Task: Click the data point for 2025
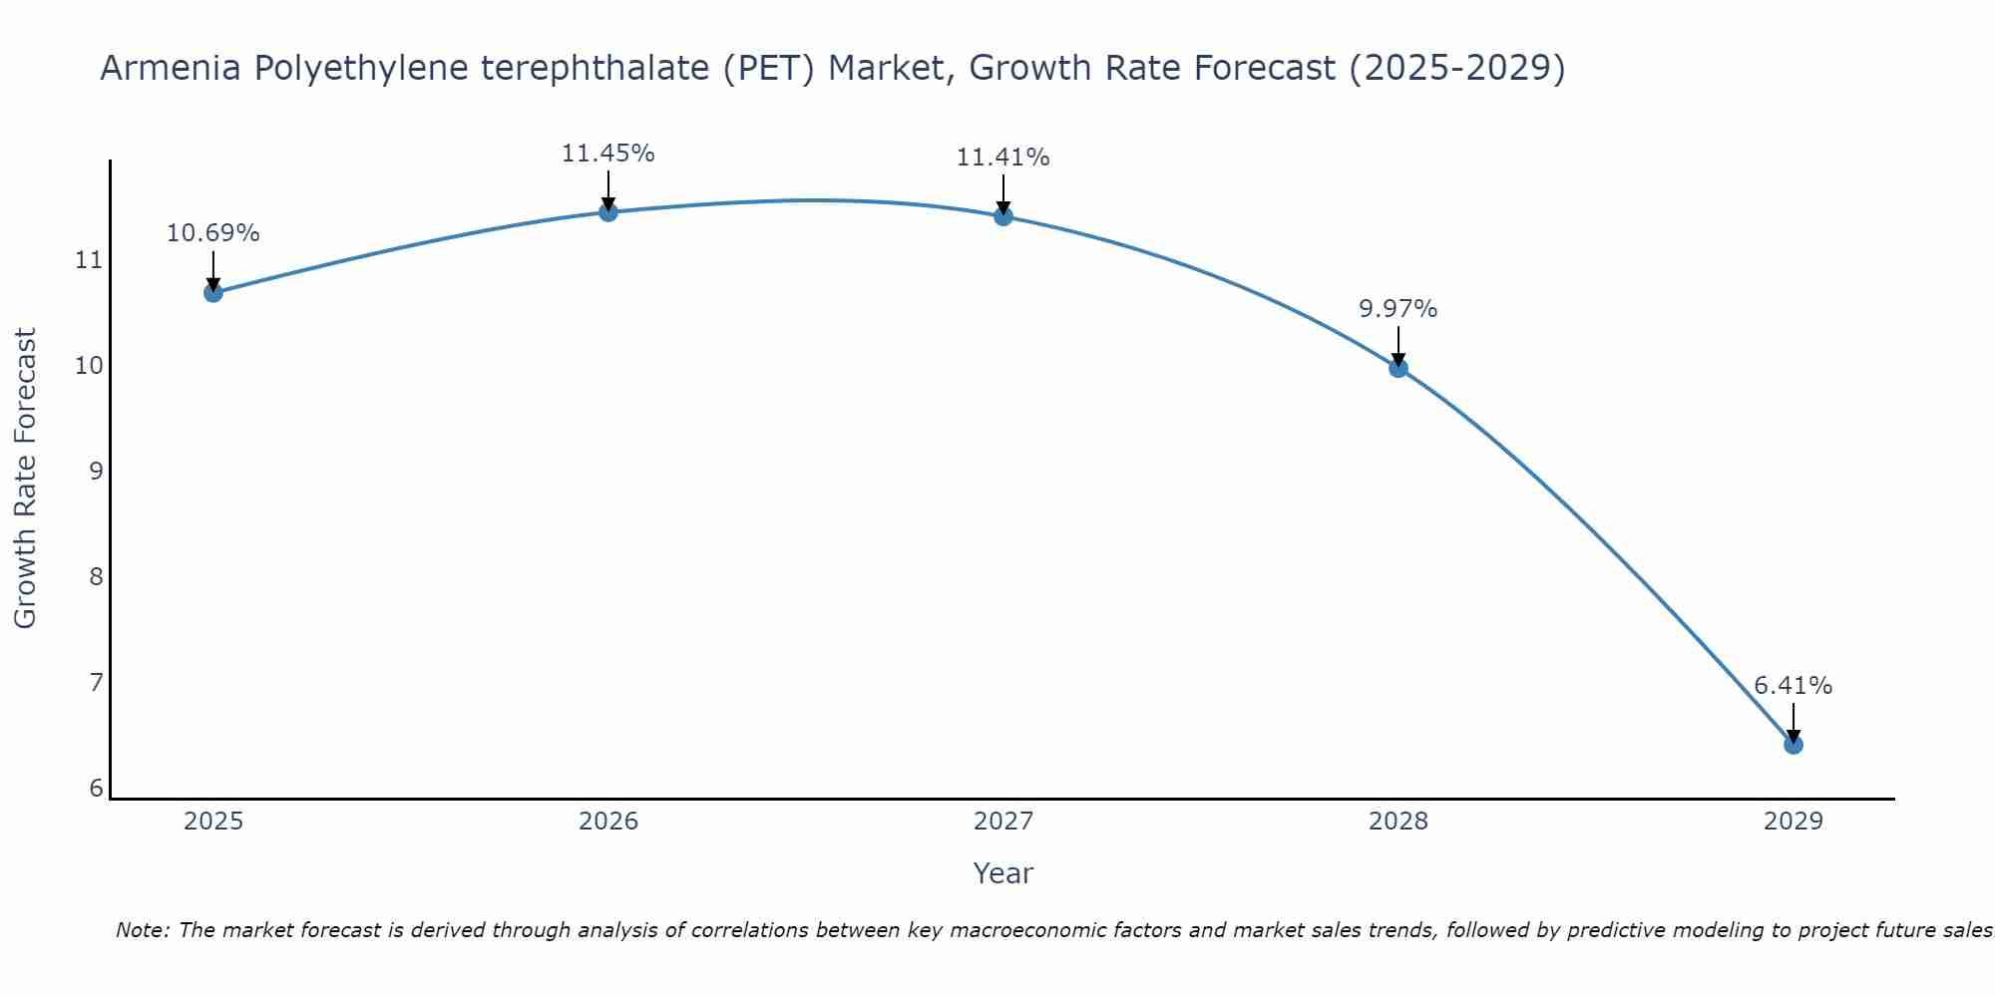(x=212, y=292)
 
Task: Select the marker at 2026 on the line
(x=607, y=211)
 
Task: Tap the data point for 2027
(x=1002, y=216)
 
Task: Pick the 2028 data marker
(x=1397, y=368)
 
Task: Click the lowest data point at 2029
(x=1793, y=745)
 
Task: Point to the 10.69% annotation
(x=212, y=233)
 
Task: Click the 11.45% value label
(x=607, y=154)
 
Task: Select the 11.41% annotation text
(x=1002, y=158)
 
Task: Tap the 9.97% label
(x=1397, y=309)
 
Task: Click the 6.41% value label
(x=1793, y=686)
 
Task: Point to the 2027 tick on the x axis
(x=1002, y=822)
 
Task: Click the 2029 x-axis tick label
(x=1793, y=822)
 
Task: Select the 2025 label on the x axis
(x=213, y=822)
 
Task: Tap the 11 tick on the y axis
(x=89, y=261)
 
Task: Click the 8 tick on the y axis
(x=96, y=577)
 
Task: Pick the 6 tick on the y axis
(x=96, y=789)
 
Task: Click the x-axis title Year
(x=1002, y=873)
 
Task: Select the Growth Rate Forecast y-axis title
(x=26, y=479)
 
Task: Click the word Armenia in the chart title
(x=171, y=69)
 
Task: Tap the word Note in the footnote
(x=142, y=931)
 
